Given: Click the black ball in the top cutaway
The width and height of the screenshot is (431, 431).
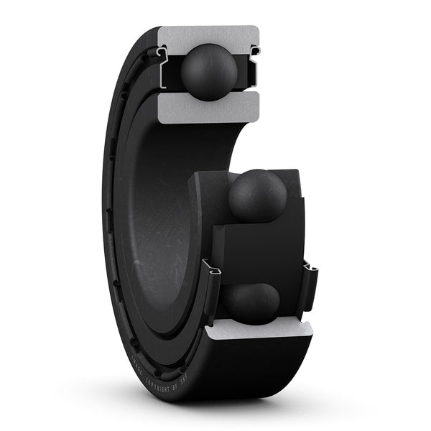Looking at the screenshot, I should pos(209,71).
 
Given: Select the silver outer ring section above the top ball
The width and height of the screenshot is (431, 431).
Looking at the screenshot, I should pos(208,35).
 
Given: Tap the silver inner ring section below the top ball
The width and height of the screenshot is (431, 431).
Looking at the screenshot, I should pos(208,107).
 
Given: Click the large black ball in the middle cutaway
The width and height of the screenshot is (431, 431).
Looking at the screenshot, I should pos(257,195).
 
